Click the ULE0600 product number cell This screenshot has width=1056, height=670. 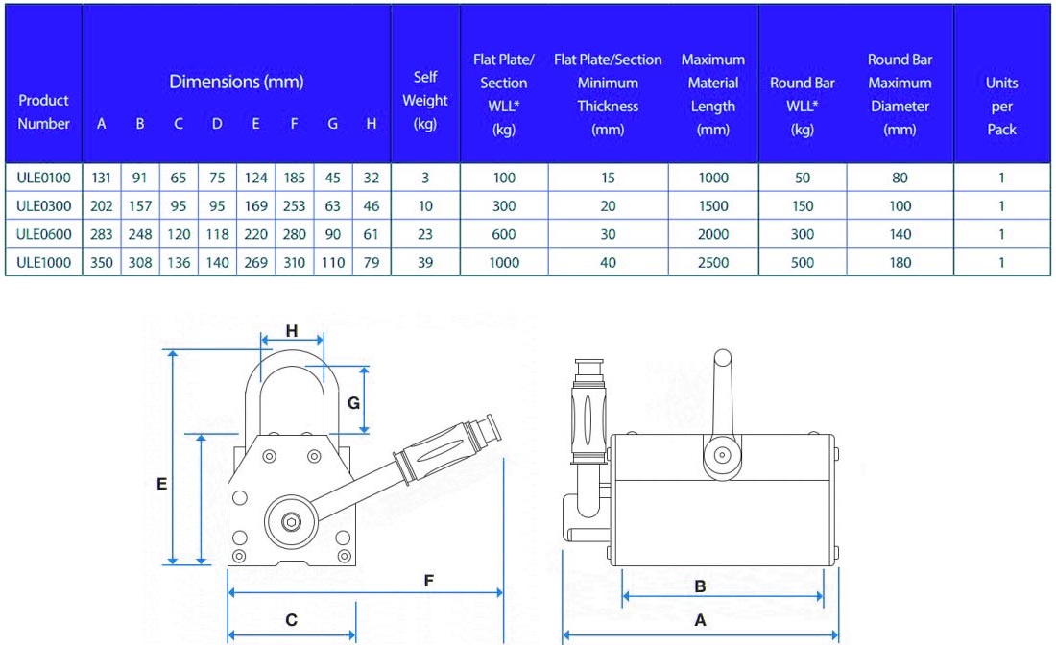pyautogui.click(x=44, y=234)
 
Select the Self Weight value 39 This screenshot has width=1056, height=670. pyautogui.click(x=425, y=262)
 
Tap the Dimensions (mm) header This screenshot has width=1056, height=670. pyautogui.click(x=236, y=83)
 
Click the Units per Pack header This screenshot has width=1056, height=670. pyautogui.click(x=1001, y=106)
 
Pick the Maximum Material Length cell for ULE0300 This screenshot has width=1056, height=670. pyautogui.click(x=712, y=206)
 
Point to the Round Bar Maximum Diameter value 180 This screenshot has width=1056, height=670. pyautogui.click(x=900, y=262)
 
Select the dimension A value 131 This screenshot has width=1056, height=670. pyautogui.click(x=102, y=178)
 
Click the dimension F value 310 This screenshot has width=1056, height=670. pyautogui.click(x=294, y=262)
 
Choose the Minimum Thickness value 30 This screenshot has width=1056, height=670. pyautogui.click(x=608, y=234)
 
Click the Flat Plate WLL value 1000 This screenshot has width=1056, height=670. pyautogui.click(x=504, y=262)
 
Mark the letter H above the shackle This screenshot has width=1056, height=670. pyautogui.click(x=292, y=331)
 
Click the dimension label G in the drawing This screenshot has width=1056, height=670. pyautogui.click(x=353, y=403)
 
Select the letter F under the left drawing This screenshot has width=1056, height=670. pyautogui.click(x=429, y=581)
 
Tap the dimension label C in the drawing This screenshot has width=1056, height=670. pyautogui.click(x=291, y=621)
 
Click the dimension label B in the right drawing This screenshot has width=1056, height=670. pyautogui.click(x=700, y=586)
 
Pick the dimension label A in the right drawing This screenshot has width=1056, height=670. pyautogui.click(x=700, y=621)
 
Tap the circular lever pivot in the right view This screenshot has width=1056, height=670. pyautogui.click(x=721, y=456)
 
